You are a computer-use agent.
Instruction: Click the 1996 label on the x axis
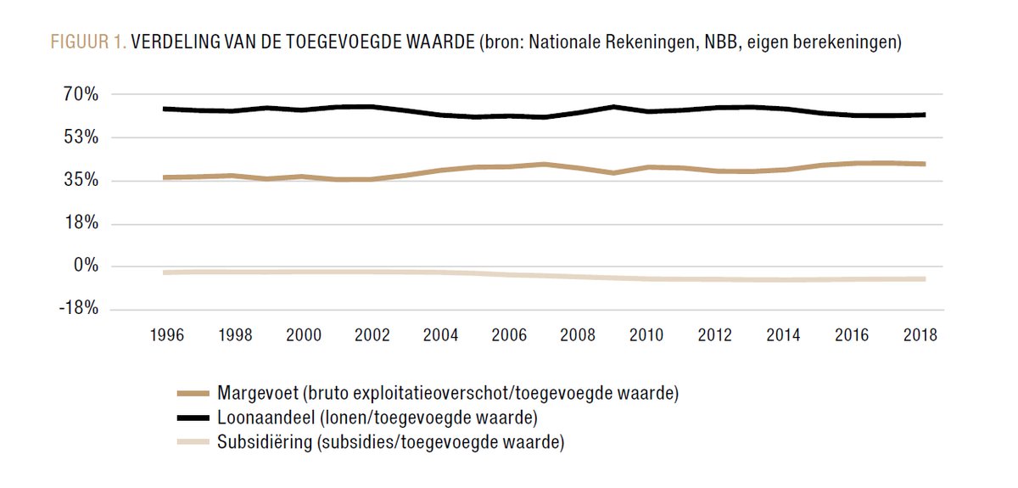point(167,334)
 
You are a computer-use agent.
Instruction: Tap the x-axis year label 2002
point(372,334)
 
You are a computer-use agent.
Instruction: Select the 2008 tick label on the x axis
point(578,334)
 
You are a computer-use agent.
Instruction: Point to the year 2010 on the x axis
point(646,334)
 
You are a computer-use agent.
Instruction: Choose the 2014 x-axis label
point(783,334)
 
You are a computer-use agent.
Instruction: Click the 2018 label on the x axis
point(920,334)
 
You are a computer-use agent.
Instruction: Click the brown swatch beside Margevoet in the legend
point(193,393)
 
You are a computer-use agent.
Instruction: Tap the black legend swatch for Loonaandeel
point(193,418)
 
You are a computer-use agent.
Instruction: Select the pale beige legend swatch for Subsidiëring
point(193,441)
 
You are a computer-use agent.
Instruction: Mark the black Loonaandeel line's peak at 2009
point(612,107)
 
